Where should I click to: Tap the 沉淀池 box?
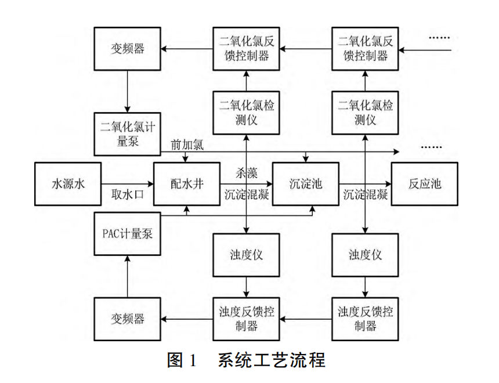305,184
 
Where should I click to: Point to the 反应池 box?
425,184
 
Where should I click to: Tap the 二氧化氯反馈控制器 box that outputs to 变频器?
246,49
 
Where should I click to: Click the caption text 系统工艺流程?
272,360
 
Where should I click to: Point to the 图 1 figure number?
183,360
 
